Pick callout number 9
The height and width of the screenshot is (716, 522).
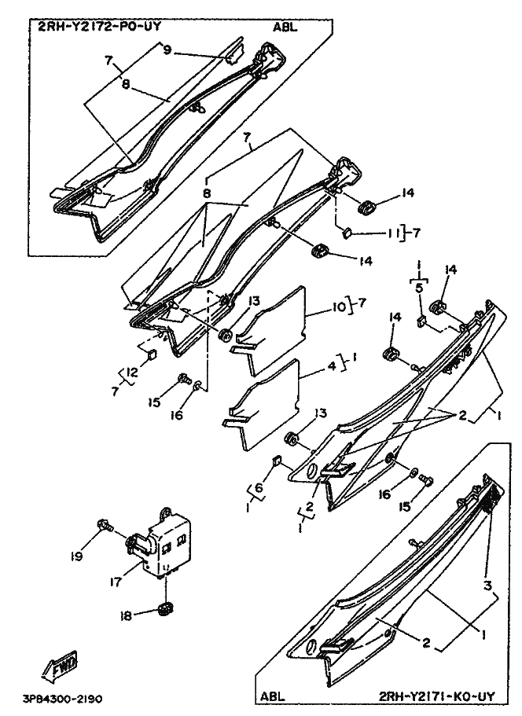[x=167, y=50]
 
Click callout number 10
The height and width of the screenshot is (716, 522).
[x=338, y=303]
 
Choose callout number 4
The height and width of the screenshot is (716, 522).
[x=332, y=366]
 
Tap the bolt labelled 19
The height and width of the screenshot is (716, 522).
[x=105, y=525]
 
